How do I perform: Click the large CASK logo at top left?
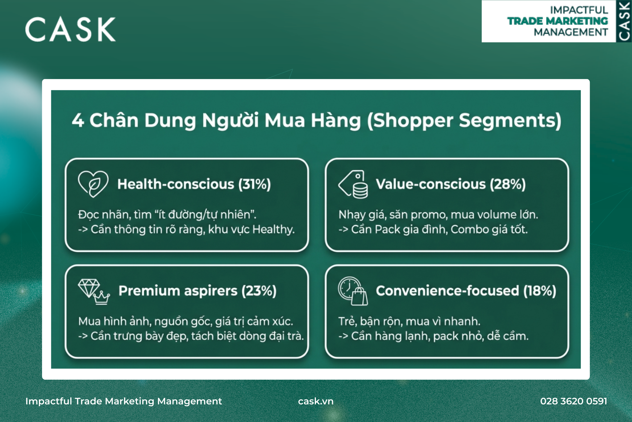coord(70,29)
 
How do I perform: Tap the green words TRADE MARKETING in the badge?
coord(558,21)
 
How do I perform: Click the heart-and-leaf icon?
coord(93,184)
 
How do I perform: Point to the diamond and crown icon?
coord(94,292)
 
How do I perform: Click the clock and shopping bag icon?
coord(353,291)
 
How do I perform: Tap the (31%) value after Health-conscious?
coord(254,184)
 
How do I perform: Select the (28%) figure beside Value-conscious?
coord(508,184)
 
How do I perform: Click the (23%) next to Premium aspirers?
coord(259,291)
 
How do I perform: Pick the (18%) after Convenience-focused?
coord(540,291)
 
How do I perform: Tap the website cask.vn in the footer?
coord(316,401)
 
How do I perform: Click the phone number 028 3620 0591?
coord(574,401)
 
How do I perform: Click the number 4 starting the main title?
coord(78,120)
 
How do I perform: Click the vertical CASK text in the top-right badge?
coord(624,21)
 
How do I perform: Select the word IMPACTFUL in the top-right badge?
coord(579,10)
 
